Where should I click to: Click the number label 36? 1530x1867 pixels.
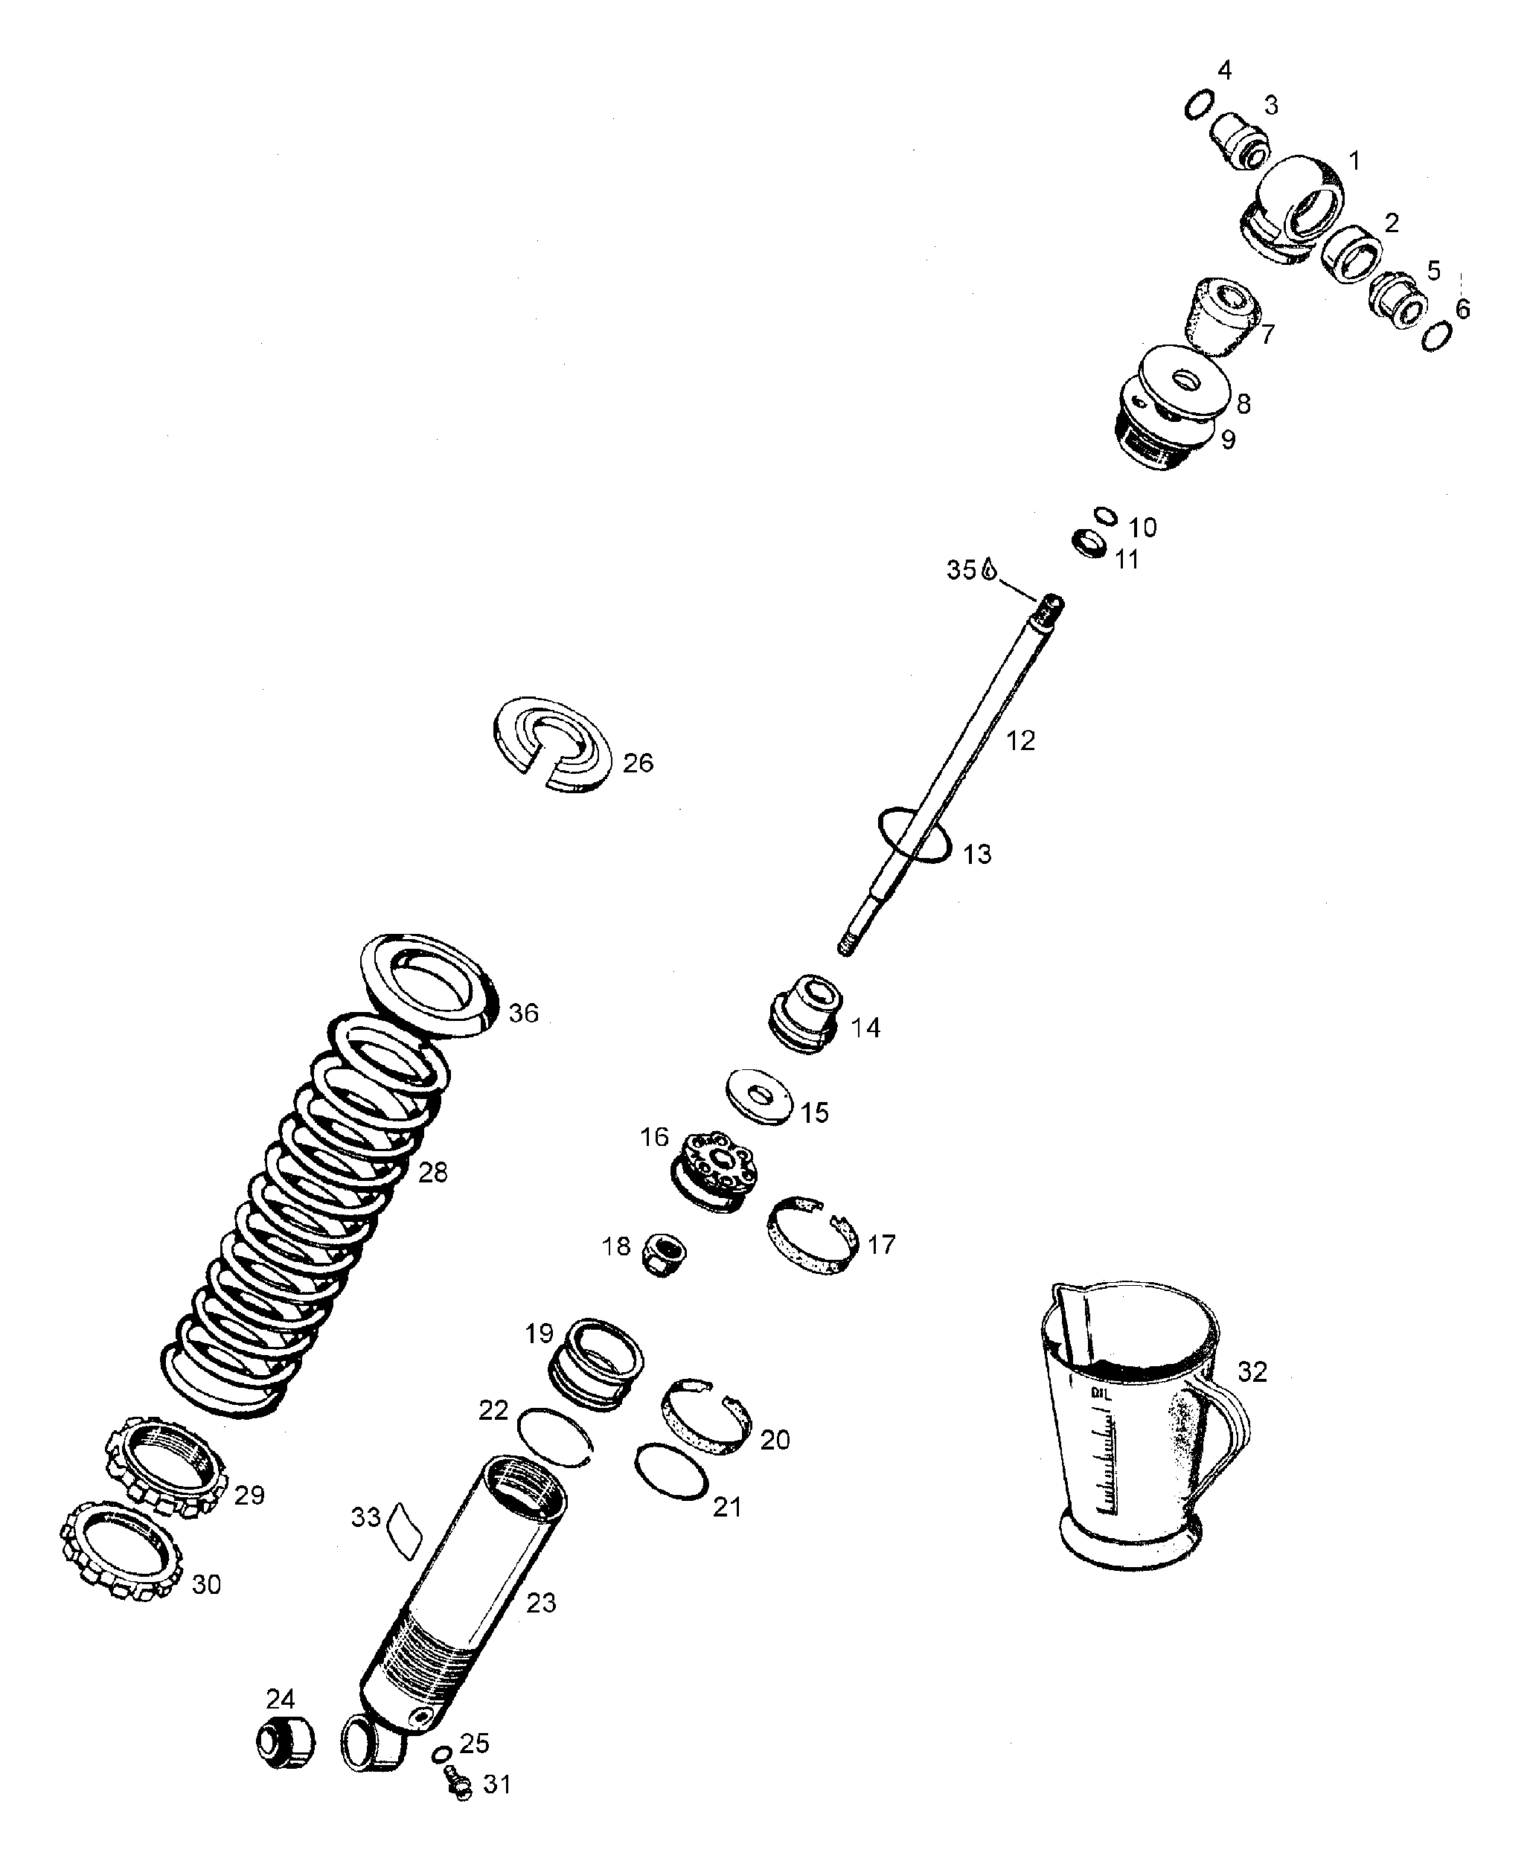tap(522, 1014)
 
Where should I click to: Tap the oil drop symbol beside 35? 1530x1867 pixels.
tap(989, 569)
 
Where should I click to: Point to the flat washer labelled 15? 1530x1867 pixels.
tap(759, 1097)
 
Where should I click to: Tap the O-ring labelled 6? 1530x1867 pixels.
tap(1435, 336)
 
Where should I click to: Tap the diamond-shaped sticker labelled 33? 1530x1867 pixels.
tap(405, 1531)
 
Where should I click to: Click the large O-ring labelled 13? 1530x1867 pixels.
tap(914, 834)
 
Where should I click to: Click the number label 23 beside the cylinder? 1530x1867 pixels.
tap(540, 1603)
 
